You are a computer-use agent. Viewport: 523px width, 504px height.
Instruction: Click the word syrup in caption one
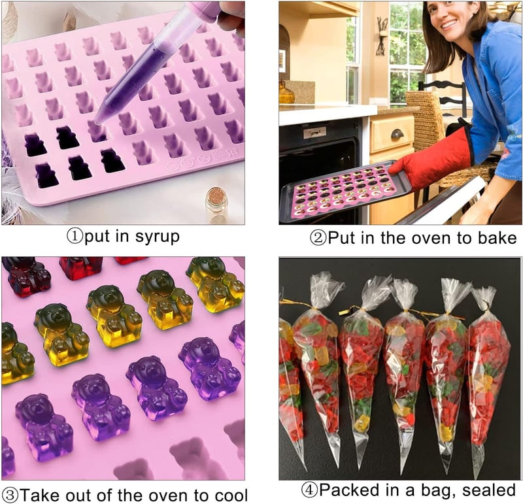pyautogui.click(x=158, y=237)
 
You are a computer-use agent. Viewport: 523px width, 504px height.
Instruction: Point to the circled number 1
pyautogui.click(x=75, y=237)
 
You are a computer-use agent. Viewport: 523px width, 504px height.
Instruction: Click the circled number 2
pyautogui.click(x=318, y=238)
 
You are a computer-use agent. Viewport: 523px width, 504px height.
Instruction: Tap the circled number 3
pyautogui.click(x=9, y=495)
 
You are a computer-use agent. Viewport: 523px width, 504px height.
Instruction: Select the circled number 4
pyautogui.click(x=309, y=490)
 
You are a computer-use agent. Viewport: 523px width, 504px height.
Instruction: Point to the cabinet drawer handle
pyautogui.click(x=397, y=135)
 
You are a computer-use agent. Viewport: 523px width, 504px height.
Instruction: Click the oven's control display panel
pyautogui.click(x=314, y=133)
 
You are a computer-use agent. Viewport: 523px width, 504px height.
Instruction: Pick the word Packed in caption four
pyautogui.click(x=352, y=490)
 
